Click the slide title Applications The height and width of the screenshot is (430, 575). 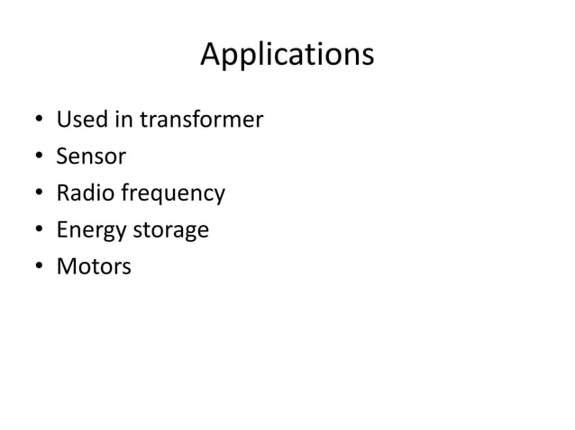pyautogui.click(x=287, y=56)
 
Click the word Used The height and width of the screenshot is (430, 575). pyautogui.click(x=78, y=120)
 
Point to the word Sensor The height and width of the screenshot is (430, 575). pyautogui.click(x=91, y=157)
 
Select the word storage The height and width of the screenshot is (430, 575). pyautogui.click(x=170, y=231)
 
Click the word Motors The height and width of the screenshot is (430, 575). pyautogui.click(x=94, y=267)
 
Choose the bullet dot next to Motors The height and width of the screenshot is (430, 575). pyautogui.click(x=38, y=268)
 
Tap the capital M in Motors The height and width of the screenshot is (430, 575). pyautogui.click(x=66, y=267)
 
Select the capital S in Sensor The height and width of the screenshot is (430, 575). pyautogui.click(x=62, y=157)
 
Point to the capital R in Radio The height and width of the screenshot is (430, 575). pyautogui.click(x=62, y=193)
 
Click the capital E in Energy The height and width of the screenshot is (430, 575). pyautogui.click(x=61, y=230)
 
